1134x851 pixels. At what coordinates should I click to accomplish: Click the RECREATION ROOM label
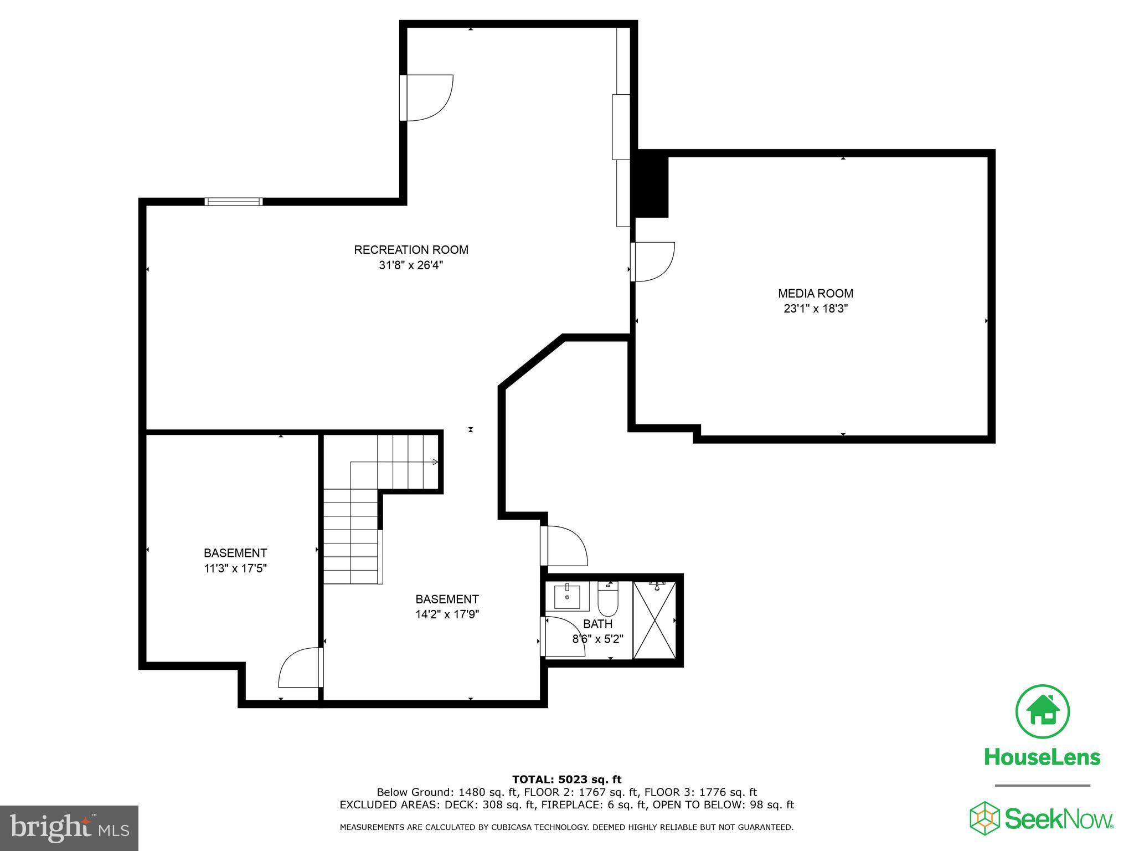pyautogui.click(x=411, y=250)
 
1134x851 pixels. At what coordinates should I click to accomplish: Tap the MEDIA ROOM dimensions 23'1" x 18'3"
pyautogui.click(x=816, y=309)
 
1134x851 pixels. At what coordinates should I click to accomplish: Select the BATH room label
pyautogui.click(x=597, y=624)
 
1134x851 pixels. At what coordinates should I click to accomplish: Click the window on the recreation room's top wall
pyautogui.click(x=233, y=202)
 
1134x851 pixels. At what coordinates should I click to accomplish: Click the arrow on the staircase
pyautogui.click(x=435, y=462)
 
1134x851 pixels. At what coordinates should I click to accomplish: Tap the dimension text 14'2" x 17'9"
pyautogui.click(x=447, y=614)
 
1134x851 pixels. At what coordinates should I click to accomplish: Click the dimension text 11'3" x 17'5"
pyautogui.click(x=235, y=568)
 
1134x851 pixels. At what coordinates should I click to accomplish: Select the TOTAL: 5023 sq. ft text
pyautogui.click(x=566, y=780)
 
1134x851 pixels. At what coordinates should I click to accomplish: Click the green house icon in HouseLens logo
pyautogui.click(x=1042, y=712)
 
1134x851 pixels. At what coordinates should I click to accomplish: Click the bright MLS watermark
pyautogui.click(x=69, y=828)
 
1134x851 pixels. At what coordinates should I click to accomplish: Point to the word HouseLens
pyautogui.click(x=1042, y=757)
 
